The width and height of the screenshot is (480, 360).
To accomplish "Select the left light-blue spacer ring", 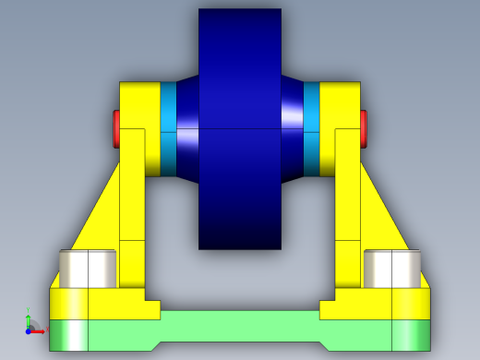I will pos(168,128).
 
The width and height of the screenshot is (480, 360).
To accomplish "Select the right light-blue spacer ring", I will pos(311,128).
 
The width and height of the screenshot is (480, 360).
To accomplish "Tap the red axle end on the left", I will pos(116,128).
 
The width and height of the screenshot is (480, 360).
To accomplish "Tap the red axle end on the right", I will pos(364,128).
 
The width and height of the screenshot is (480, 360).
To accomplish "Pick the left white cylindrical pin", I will pos(88,268).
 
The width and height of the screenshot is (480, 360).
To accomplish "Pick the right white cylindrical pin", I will pos(392,268).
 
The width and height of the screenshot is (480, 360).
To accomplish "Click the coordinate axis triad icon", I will pos(30,324).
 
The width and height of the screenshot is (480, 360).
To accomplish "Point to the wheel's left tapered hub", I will pos(187,128).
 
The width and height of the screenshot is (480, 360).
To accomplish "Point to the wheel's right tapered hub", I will pos(293,128).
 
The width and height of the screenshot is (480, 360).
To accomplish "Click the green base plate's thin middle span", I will pos(240,325).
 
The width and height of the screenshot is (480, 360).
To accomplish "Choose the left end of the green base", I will pos(92,333).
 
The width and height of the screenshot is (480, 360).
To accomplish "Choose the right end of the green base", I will pos(388,333).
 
